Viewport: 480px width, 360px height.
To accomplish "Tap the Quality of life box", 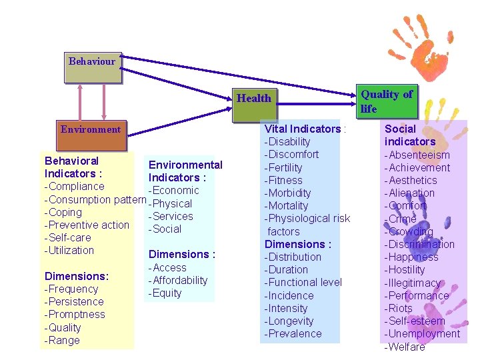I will [x=387, y=101].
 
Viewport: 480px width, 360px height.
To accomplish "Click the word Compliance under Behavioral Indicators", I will [x=75, y=187].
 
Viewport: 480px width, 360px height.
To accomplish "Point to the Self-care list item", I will [x=68, y=238].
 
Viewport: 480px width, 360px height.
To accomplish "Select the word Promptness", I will [x=75, y=315].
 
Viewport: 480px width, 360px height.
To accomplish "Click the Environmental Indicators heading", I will [x=185, y=171].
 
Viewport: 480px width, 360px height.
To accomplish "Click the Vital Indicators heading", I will [x=304, y=129].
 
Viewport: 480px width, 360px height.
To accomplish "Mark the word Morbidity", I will [x=289, y=193].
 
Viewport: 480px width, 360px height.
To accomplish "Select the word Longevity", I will [x=290, y=321].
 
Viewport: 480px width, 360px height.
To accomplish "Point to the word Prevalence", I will [x=294, y=334].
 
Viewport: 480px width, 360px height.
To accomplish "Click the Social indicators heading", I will [x=409, y=135].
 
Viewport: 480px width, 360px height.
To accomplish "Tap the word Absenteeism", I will [x=419, y=155].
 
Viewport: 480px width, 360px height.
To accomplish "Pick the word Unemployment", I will [x=423, y=334].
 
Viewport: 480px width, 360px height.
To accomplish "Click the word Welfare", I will [x=406, y=347].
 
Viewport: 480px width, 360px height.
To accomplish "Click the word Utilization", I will [x=70, y=251].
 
